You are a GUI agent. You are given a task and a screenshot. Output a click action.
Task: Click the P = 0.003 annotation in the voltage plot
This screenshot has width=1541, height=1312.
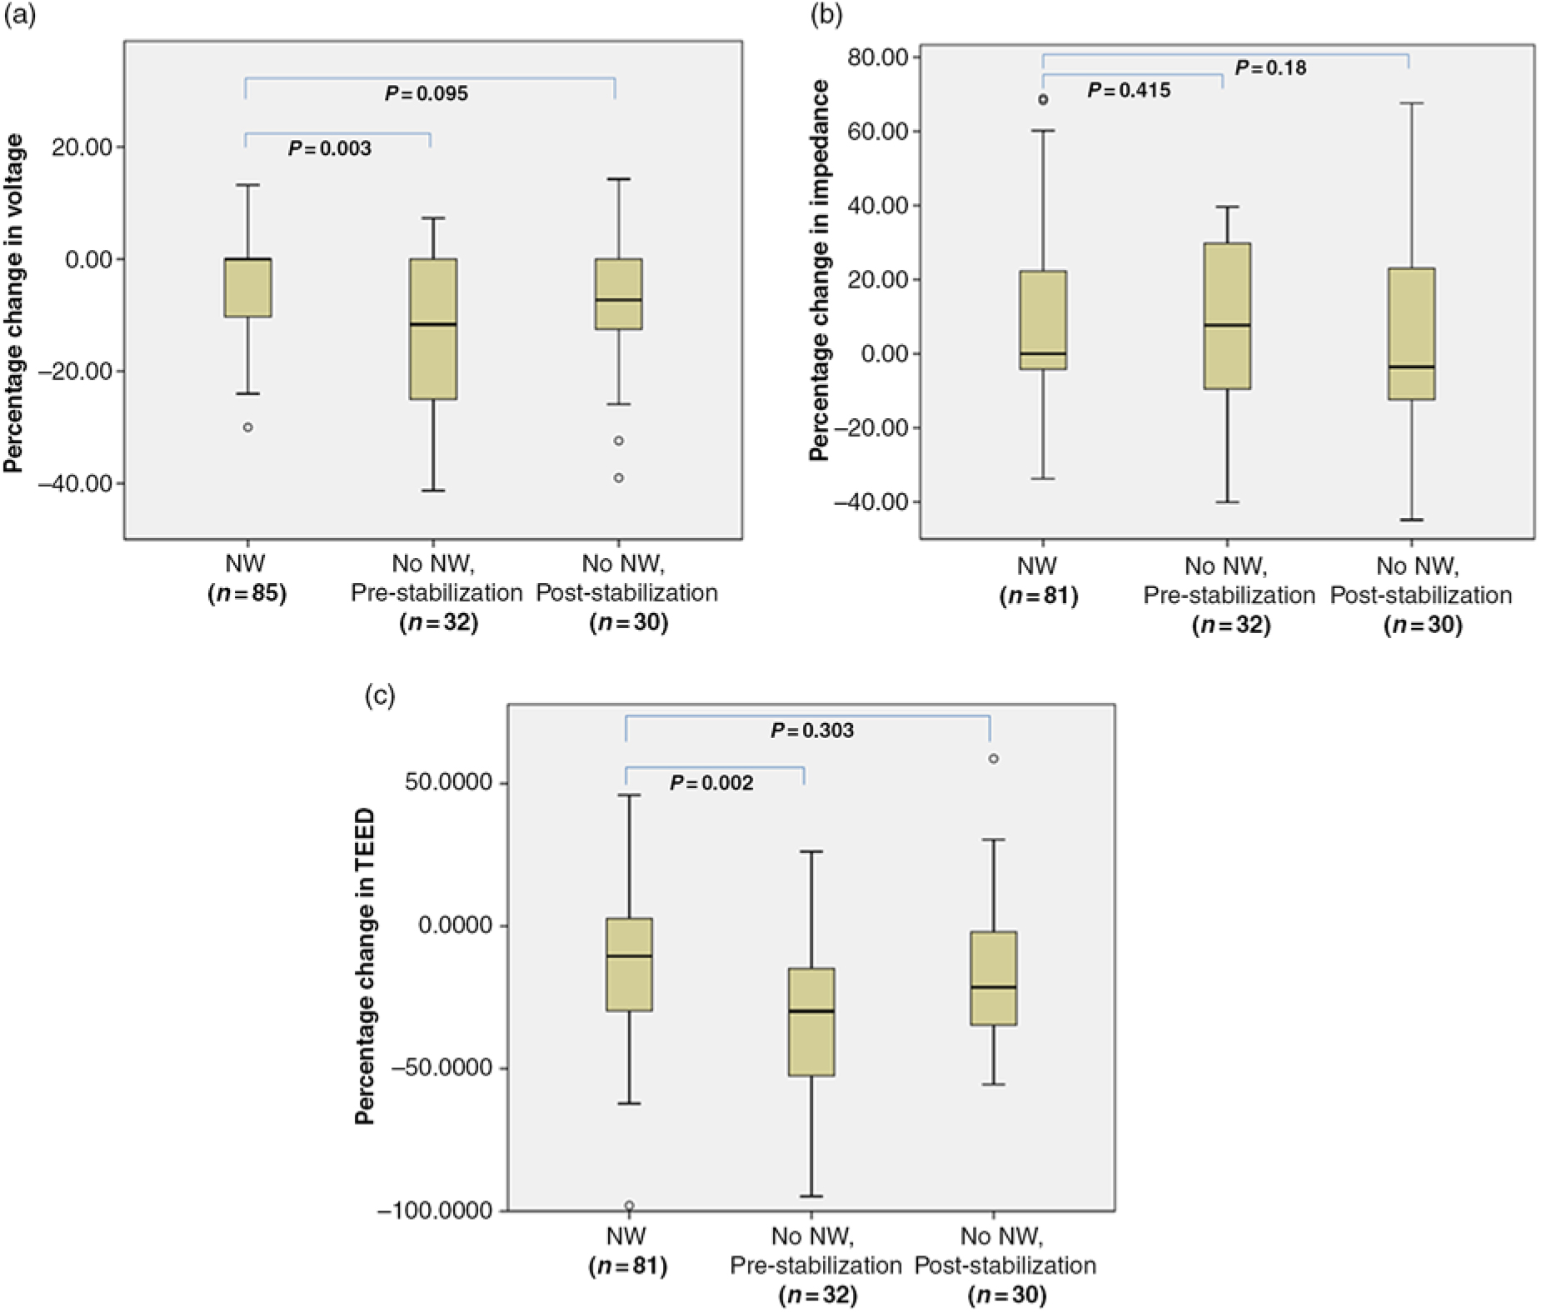[330, 149]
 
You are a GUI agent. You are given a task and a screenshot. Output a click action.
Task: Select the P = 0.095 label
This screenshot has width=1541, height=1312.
[426, 94]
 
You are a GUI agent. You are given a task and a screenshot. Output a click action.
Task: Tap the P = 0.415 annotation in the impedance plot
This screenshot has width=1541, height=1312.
[1129, 90]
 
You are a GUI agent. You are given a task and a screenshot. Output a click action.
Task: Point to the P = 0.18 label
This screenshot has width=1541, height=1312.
[1270, 67]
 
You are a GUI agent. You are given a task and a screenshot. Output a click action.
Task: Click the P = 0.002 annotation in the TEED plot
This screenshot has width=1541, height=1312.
[711, 783]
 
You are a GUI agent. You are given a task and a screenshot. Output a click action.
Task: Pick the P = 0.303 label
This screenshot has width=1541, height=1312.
[812, 731]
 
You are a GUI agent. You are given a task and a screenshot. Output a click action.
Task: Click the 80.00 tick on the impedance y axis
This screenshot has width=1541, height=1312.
[885, 57]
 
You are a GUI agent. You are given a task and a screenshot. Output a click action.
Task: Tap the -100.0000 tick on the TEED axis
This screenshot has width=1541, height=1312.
[436, 1210]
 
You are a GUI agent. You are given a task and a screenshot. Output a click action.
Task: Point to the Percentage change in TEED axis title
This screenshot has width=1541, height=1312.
[366, 966]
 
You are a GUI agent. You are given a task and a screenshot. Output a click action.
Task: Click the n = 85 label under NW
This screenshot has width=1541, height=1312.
[247, 594]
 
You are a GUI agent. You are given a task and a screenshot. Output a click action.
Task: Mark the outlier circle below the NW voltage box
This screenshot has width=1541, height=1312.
[247, 427]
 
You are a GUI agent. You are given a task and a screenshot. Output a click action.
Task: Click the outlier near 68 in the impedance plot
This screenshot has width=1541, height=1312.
[1043, 100]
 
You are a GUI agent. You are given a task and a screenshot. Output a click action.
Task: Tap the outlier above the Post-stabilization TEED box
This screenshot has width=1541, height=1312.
[993, 759]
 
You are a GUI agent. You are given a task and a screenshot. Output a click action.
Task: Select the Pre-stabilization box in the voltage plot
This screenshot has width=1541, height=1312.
[432, 328]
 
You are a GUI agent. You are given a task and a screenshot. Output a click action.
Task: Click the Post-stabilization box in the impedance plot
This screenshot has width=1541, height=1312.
[1411, 333]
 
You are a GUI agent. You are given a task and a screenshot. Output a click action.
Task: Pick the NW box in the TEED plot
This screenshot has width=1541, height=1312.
[629, 964]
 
